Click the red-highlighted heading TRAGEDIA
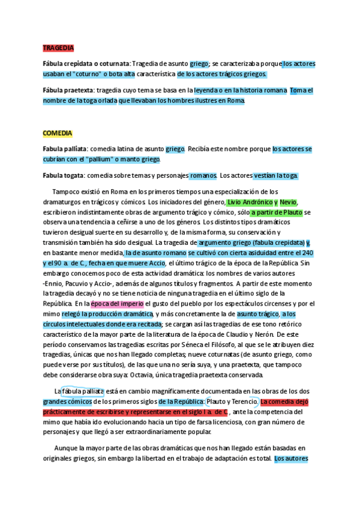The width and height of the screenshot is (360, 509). click(x=58, y=47)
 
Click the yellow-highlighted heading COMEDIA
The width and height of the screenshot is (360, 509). click(x=58, y=133)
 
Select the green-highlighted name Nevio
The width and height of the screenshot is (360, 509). click(x=288, y=202)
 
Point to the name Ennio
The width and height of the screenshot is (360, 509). click(x=56, y=283)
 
